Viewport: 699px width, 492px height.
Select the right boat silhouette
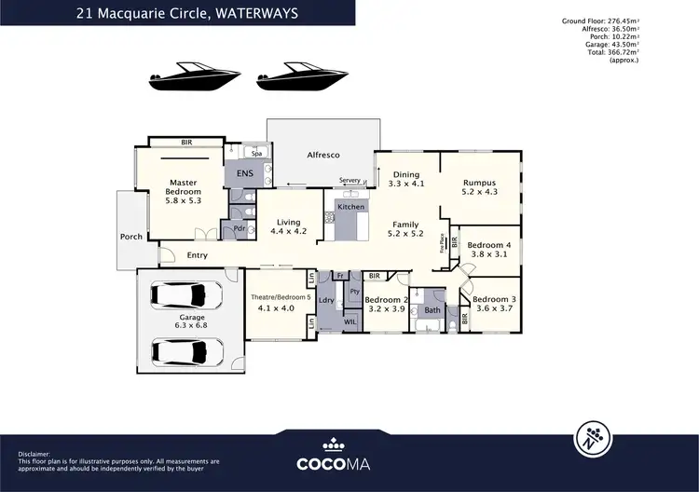click(293, 79)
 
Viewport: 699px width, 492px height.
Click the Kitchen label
click(350, 206)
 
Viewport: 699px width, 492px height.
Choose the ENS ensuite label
click(245, 172)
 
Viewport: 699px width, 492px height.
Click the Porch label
click(131, 237)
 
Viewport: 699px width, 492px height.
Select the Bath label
click(432, 310)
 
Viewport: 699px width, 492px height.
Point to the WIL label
click(350, 321)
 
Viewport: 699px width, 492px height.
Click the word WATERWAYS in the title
click(278, 13)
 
